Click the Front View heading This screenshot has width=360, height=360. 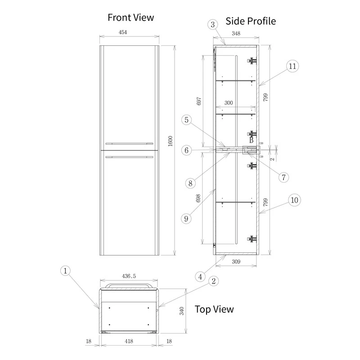pyautogui.click(x=130, y=18)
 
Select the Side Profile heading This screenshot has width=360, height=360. pyautogui.click(x=251, y=21)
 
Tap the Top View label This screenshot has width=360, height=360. pyautogui.click(x=214, y=309)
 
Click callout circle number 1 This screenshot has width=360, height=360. pyautogui.click(x=66, y=270)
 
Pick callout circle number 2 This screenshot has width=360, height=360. pyautogui.click(x=214, y=281)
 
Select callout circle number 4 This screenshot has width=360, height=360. pyautogui.click(x=201, y=276)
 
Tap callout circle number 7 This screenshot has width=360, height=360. pyautogui.click(x=283, y=177)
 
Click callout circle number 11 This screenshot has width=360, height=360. pyautogui.click(x=292, y=66)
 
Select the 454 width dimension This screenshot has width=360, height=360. pyautogui.click(x=129, y=33)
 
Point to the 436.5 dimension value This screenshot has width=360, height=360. pyautogui.click(x=129, y=276)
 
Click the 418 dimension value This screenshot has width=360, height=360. pyautogui.click(x=129, y=342)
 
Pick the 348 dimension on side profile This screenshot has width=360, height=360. pyautogui.click(x=235, y=33)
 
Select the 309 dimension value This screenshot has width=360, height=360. pyautogui.click(x=236, y=261)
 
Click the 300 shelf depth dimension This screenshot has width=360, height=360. pyautogui.click(x=228, y=103)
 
